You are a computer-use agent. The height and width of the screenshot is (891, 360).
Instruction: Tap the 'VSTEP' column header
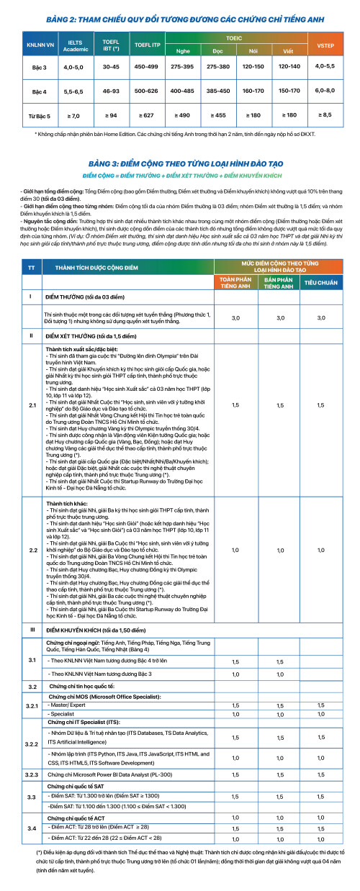pos(325,45)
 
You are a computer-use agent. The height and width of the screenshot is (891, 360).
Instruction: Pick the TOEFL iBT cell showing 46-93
pos(111,92)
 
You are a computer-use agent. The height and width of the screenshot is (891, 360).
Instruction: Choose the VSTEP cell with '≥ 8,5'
pos(325,114)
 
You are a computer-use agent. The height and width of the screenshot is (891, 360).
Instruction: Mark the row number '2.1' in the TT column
pos(32,405)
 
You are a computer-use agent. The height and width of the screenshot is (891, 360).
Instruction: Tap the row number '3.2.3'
pos(32,774)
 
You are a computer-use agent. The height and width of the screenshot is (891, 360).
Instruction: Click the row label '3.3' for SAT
pos(32,797)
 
